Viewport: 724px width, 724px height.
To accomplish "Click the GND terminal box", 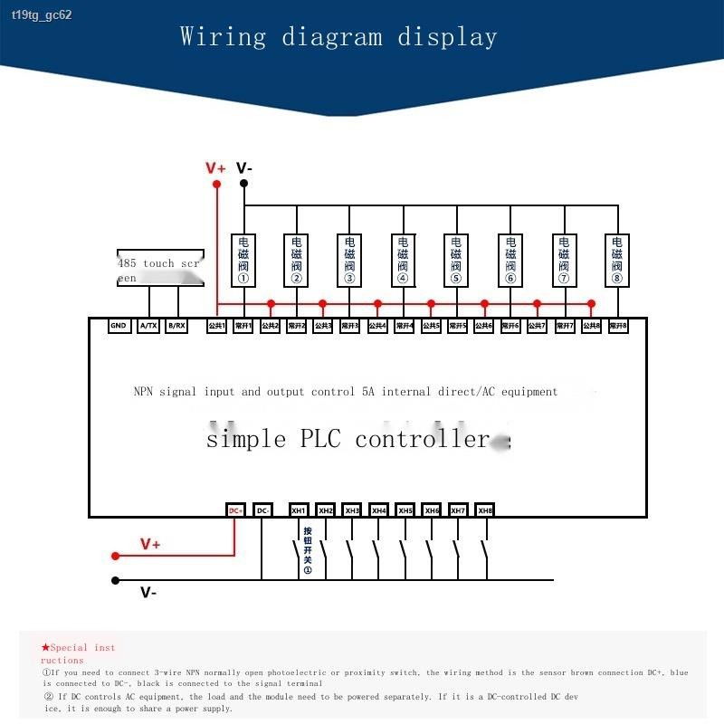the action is click(119, 326).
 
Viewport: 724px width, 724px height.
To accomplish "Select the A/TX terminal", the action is click(148, 326).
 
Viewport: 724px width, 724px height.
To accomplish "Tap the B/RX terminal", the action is click(176, 326).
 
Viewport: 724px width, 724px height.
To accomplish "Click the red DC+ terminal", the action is click(235, 510).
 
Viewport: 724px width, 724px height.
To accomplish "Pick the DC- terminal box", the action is click(262, 510).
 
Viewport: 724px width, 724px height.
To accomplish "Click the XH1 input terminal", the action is click(299, 510).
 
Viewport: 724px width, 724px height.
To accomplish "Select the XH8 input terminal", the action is click(485, 510).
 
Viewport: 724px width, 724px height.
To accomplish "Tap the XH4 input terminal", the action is click(379, 510).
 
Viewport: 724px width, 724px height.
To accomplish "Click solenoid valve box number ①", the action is click(243, 261).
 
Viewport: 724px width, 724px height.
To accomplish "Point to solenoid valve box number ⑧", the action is click(617, 261).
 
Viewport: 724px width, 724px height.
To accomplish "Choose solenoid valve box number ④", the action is click(403, 261).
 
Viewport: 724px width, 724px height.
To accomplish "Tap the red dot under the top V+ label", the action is click(216, 185).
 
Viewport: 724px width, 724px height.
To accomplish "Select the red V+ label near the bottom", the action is click(150, 544).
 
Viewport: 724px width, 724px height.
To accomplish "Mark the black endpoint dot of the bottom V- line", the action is click(115, 580).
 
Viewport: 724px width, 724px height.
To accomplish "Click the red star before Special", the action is click(45, 647).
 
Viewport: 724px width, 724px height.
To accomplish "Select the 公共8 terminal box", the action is click(591, 326).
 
